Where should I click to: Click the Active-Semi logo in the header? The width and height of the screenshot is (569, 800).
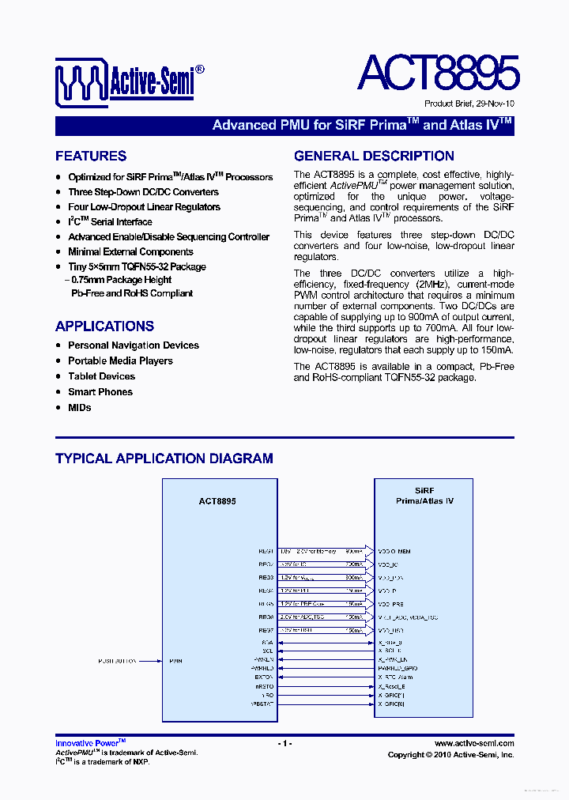click(130, 80)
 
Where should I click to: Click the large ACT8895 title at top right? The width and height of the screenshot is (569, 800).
click(438, 73)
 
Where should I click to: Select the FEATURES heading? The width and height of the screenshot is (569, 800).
click(91, 157)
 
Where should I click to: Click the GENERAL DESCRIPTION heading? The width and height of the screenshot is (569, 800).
click(374, 157)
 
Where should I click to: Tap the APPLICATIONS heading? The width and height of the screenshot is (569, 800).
click(104, 326)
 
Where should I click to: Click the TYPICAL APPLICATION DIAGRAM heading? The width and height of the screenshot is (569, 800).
click(164, 458)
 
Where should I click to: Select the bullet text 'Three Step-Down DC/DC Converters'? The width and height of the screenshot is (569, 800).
click(143, 192)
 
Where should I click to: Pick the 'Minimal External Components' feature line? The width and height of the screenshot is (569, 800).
click(130, 251)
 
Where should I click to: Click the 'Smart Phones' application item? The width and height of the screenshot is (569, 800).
click(100, 392)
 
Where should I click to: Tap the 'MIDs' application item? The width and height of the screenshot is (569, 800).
click(80, 408)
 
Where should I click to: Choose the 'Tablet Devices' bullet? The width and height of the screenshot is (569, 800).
click(101, 376)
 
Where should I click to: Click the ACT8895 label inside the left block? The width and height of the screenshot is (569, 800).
click(217, 501)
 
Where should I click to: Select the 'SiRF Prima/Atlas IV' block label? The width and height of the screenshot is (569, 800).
click(424, 496)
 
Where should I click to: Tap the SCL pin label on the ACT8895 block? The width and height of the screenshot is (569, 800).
click(268, 651)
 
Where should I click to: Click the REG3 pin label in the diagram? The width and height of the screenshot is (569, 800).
click(265, 577)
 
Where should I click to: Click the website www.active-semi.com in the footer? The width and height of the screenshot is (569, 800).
click(474, 743)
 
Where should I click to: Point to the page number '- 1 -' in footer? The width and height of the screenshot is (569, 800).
click(285, 743)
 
